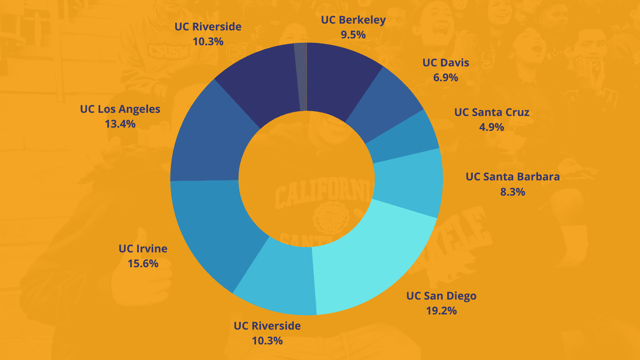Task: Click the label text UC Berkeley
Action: [x=353, y=20]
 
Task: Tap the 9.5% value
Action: [x=353, y=35]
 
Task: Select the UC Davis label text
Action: [x=446, y=63]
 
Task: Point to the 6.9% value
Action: [x=446, y=78]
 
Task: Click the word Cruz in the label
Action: [x=518, y=112]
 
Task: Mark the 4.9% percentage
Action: [x=492, y=127]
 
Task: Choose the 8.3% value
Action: [x=512, y=192]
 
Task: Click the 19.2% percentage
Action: [x=441, y=311]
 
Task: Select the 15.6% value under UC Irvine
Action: [x=143, y=264]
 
